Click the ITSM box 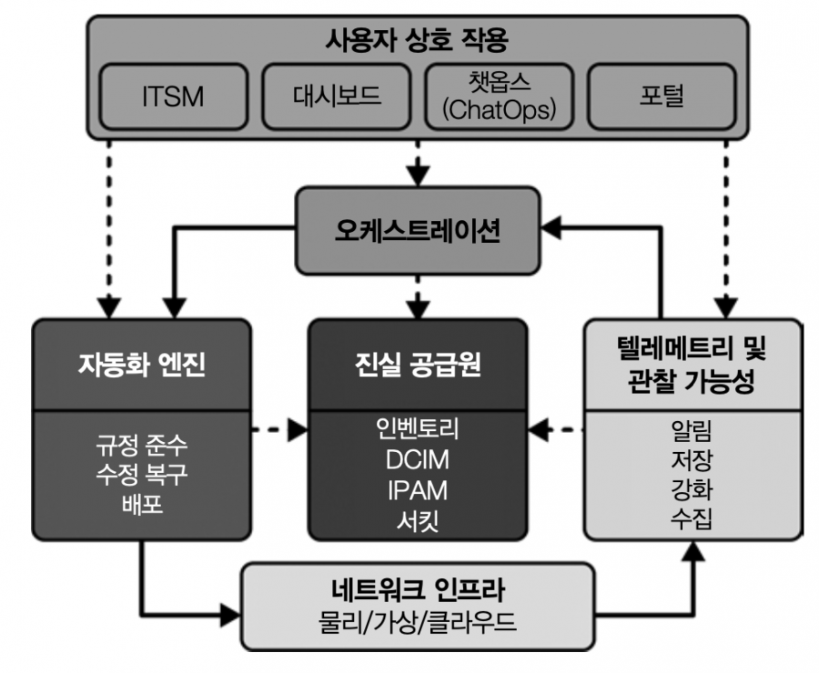tap(174, 96)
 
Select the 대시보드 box tap(337, 96)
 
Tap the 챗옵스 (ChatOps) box tap(500, 96)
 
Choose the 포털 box tap(662, 96)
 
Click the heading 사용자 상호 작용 tap(417, 40)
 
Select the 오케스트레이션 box tap(418, 230)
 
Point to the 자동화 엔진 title tap(142, 365)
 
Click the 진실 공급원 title tap(418, 365)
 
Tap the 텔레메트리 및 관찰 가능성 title tap(692, 365)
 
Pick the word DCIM tap(418, 460)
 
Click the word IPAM tap(418, 490)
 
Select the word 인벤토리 tap(418, 428)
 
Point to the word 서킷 tap(418, 520)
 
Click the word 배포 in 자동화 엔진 tap(142, 505)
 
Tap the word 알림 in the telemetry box tap(692, 429)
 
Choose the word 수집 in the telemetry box tap(692, 518)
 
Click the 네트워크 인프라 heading tap(418, 589)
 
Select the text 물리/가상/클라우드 tap(418, 622)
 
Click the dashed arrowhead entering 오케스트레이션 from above tap(418, 176)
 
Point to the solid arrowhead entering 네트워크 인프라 tap(230, 615)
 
